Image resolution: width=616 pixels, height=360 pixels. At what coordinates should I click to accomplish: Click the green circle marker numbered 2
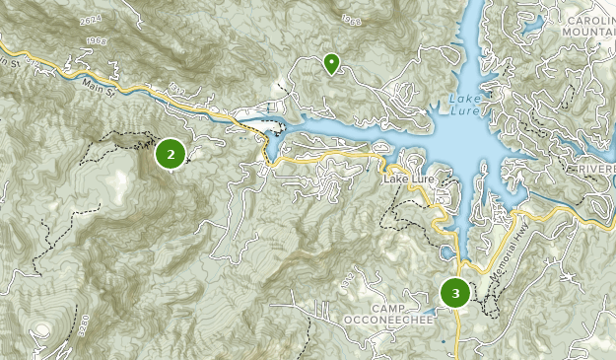[x=171, y=154]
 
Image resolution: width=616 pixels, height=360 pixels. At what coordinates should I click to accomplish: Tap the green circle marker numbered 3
[x=454, y=293]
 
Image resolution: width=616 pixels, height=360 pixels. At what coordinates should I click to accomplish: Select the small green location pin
[x=331, y=64]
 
